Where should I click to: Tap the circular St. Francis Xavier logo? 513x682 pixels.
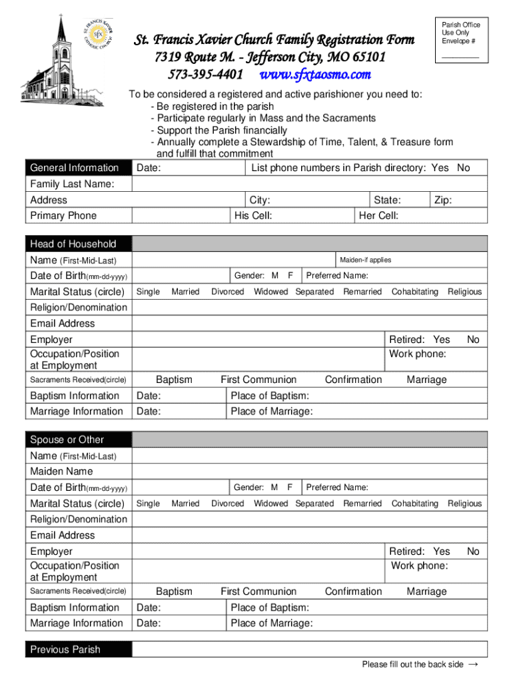point(97,34)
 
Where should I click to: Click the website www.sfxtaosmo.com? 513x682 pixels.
point(314,74)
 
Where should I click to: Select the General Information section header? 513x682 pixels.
point(74,168)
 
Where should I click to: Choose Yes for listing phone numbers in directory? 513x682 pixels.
point(440,168)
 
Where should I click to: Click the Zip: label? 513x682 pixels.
point(443,200)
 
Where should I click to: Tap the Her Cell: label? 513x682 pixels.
point(378,216)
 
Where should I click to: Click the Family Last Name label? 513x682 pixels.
point(72,184)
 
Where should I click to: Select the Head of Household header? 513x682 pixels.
point(73,244)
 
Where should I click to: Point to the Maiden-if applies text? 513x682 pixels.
point(365,260)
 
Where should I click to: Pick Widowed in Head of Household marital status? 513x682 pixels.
point(270,292)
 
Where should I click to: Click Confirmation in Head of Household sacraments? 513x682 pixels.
point(353,380)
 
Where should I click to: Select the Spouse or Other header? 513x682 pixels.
point(67,440)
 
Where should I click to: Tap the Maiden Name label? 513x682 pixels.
point(61,472)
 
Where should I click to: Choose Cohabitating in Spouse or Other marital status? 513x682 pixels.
point(414,504)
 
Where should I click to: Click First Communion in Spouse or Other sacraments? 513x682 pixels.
point(258,591)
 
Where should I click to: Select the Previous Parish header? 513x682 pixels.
point(65,649)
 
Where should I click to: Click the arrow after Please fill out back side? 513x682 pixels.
point(474,664)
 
